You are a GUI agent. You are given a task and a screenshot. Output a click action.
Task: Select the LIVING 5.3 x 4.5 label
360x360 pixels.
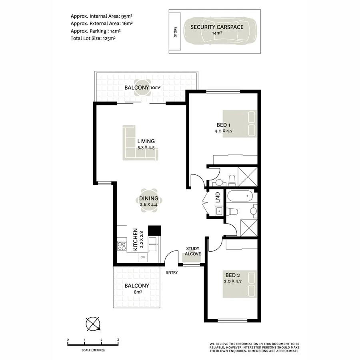(x=146, y=144)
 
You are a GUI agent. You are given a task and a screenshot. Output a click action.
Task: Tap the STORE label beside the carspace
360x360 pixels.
(x=175, y=32)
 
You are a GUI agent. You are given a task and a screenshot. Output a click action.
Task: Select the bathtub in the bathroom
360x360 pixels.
(x=240, y=197)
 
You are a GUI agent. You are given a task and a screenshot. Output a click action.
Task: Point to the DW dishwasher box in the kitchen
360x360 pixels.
(x=142, y=258)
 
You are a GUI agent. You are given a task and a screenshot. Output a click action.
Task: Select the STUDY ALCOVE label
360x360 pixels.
(x=193, y=251)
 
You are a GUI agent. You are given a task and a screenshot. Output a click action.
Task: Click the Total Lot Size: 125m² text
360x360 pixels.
(x=93, y=38)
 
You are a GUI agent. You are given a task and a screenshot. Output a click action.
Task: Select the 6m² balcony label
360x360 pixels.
(x=137, y=289)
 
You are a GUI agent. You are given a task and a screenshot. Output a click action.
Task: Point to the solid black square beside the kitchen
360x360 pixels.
(x=154, y=230)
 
